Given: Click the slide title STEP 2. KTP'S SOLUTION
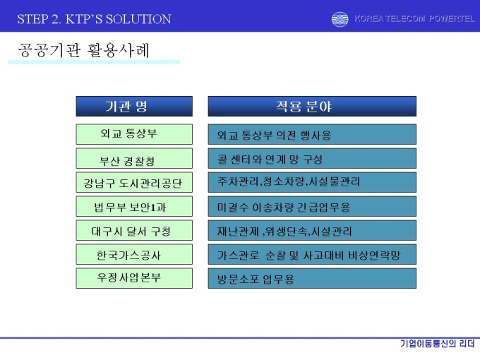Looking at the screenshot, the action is point(94,19).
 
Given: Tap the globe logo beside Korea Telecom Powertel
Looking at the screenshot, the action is point(340,19).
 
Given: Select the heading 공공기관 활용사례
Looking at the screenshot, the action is point(83,51).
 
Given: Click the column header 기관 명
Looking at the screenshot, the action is point(134,106).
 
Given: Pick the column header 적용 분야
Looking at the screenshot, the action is point(312,106).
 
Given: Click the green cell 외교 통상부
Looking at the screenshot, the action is point(134,134).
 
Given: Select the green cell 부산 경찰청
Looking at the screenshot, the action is point(134,158).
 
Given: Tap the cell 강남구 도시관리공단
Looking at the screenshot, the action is point(134,182).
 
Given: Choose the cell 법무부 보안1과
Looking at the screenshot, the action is point(134,206).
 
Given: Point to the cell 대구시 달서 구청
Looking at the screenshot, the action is point(134,230).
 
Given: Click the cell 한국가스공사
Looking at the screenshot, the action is point(134,254).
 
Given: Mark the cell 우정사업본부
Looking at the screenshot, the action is point(134,278).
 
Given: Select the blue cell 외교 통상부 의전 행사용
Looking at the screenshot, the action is point(312,134).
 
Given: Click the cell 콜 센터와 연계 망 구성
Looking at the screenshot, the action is point(312,158).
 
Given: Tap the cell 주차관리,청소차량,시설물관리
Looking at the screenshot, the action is point(312,182).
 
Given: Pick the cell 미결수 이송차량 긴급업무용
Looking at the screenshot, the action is point(312,206).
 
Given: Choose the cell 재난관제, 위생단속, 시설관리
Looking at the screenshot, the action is point(312,230).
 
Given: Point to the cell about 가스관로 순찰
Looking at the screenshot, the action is point(312,254).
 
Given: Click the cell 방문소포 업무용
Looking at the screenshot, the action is point(312,278).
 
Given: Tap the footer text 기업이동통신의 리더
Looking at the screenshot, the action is point(438,344).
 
